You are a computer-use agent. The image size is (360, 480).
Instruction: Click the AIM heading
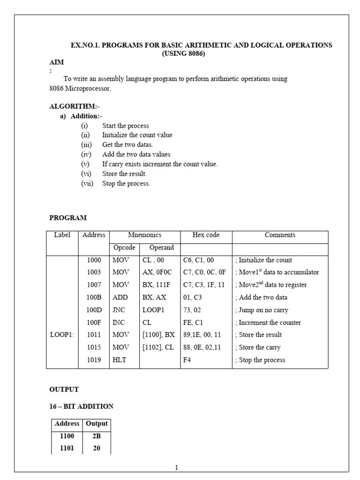(57, 62)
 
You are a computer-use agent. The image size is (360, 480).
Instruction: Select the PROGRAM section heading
(68, 217)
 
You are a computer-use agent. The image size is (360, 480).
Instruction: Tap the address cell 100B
(94, 297)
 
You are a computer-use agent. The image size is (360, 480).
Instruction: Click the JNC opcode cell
(119, 310)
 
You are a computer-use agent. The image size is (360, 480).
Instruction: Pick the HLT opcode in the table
(119, 360)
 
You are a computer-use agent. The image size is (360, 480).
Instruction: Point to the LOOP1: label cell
(62, 335)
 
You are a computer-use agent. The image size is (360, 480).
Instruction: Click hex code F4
(187, 360)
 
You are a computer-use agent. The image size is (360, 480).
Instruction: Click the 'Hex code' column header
(206, 235)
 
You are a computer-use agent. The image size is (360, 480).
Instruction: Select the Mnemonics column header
(144, 235)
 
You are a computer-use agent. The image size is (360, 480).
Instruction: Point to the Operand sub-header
(161, 247)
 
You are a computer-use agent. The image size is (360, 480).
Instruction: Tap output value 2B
(97, 435)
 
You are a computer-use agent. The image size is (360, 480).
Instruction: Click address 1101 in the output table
(67, 448)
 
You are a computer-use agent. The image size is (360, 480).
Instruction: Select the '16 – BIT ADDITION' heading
(81, 406)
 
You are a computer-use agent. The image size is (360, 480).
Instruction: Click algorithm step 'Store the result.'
(124, 173)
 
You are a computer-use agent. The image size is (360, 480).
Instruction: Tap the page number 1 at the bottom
(176, 467)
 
